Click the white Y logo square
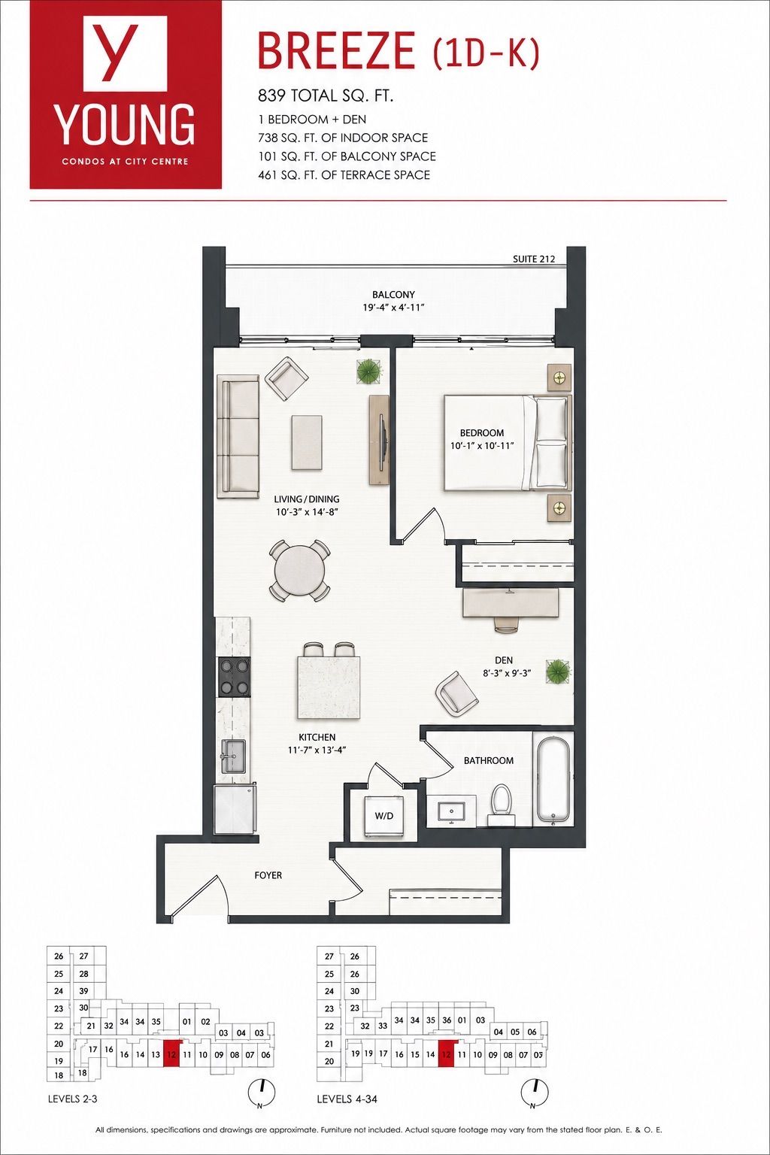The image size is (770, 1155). coord(125,53)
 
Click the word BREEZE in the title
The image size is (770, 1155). coord(336,50)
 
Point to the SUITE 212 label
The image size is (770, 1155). coord(534,259)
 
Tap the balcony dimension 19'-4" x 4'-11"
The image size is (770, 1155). coord(393,308)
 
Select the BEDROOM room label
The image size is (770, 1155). coord(482,432)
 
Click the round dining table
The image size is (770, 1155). coord(299,571)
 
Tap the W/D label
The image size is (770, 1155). coord(383,816)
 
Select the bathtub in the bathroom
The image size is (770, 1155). coord(553,782)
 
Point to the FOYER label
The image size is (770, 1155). coord(268,875)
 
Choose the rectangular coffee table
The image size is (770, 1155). coord(308,442)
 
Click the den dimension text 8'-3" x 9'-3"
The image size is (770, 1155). coord(507,673)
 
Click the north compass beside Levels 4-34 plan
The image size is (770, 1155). coord(535,1090)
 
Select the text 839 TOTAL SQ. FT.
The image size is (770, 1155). coord(326,96)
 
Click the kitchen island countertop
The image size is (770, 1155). coord(329,688)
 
